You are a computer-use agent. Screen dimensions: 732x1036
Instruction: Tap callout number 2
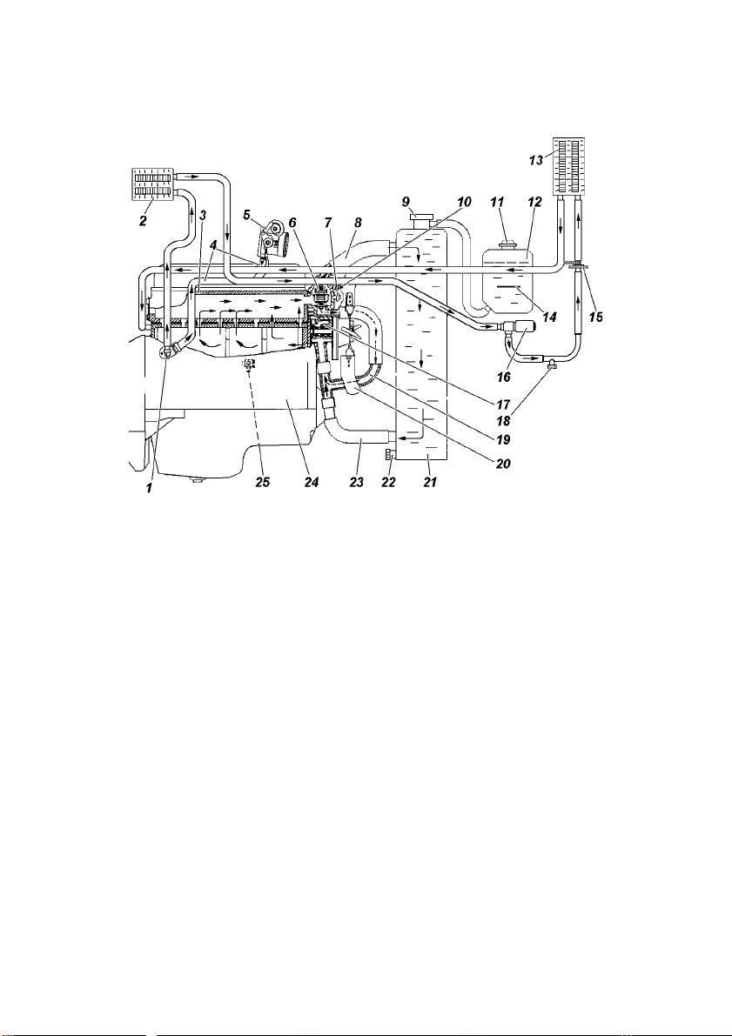point(142,221)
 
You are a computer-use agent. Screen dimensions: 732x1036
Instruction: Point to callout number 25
point(263,482)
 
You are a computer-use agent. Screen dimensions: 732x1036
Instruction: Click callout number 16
point(505,377)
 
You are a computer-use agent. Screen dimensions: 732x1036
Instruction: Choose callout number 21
point(427,482)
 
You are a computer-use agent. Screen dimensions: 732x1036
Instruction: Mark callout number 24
point(312,482)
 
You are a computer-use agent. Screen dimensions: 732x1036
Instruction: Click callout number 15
point(595,317)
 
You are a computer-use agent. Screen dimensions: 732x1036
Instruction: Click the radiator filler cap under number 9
point(420,217)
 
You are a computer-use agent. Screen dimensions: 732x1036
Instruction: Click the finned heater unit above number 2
point(153,185)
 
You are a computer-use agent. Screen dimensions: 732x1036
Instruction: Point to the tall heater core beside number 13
point(568,164)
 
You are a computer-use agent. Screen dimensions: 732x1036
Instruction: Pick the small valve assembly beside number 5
point(272,239)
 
